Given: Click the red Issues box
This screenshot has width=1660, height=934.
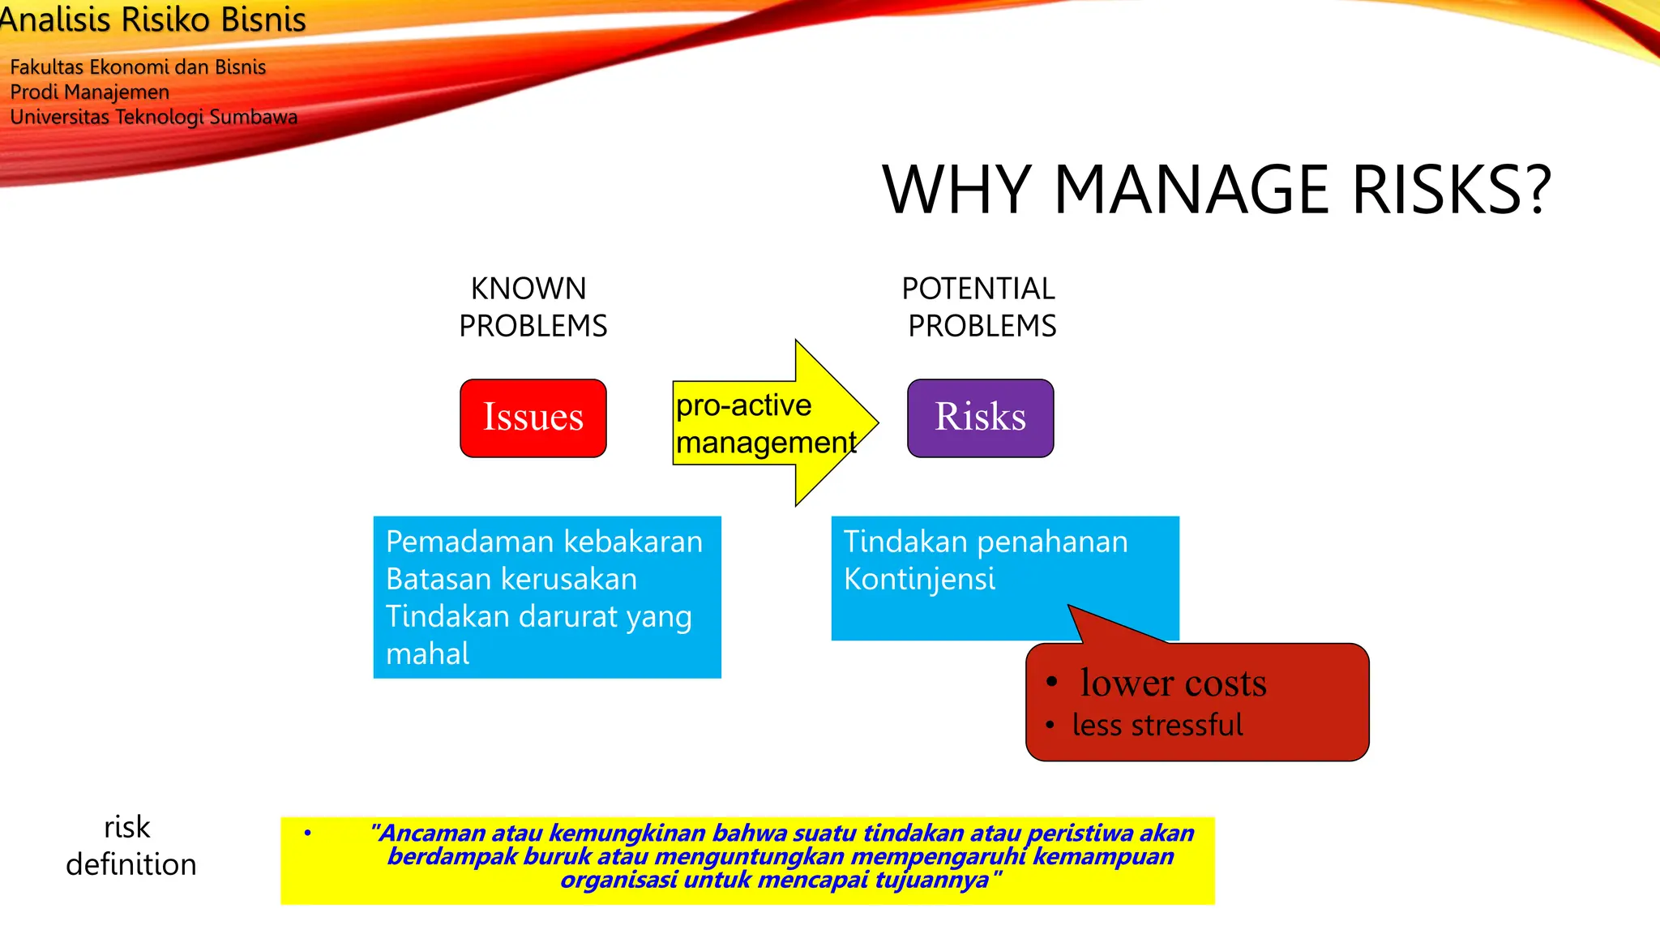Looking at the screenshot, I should coord(533,418).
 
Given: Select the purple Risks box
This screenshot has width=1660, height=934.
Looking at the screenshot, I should coord(980,418).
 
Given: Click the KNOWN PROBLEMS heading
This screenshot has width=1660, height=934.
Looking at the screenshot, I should coord(532,307).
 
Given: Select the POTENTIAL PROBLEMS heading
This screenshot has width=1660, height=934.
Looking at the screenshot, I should coord(979,307).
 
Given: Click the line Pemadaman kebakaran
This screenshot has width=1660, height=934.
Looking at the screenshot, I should coord(544,542).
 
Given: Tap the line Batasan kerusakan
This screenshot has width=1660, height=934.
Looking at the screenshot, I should coord(511,579).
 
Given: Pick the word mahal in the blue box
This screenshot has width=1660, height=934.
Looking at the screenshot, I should coord(427,653).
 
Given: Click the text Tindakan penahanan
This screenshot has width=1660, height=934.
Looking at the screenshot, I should coord(986,542).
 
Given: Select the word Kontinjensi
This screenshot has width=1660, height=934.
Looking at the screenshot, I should coord(919,579).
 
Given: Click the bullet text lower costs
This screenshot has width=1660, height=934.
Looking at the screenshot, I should coord(1172,683).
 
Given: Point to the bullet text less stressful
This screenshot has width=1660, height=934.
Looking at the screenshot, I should coord(1157,725).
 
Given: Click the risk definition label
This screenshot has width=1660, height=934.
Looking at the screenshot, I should coord(130,846).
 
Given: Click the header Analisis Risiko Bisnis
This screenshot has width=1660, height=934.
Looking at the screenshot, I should coord(152,19).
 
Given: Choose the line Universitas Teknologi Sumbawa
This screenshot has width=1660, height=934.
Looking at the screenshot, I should coord(153,117).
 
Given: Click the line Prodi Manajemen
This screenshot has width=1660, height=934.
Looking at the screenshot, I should coord(89,92).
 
